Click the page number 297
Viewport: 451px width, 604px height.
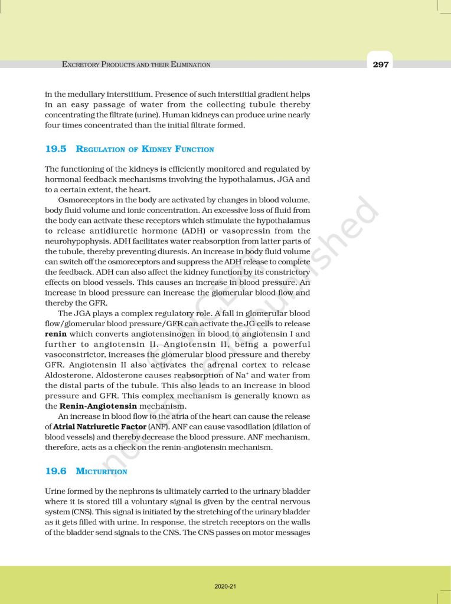pyautogui.click(x=381, y=64)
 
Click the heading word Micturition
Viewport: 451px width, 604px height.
pyautogui.click(x=102, y=471)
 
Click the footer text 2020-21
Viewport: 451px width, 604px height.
pyautogui.click(x=225, y=586)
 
